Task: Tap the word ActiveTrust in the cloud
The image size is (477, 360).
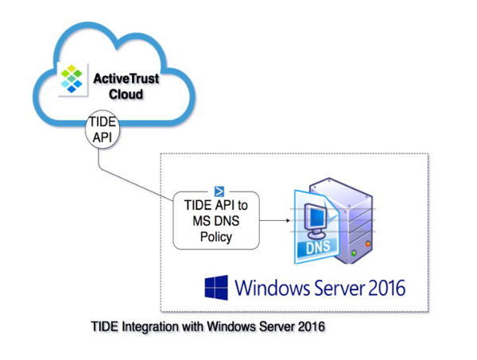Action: point(126,79)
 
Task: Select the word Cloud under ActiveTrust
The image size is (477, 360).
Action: point(126,94)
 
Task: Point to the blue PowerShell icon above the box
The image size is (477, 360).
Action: point(220,191)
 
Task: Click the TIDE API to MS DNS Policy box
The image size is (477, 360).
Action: point(215,222)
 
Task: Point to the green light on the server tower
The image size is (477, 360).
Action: point(355,254)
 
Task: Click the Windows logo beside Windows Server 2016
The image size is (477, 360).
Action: point(215,287)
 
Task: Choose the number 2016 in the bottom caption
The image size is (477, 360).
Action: point(312,327)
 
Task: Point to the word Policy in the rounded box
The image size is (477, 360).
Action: point(215,237)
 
